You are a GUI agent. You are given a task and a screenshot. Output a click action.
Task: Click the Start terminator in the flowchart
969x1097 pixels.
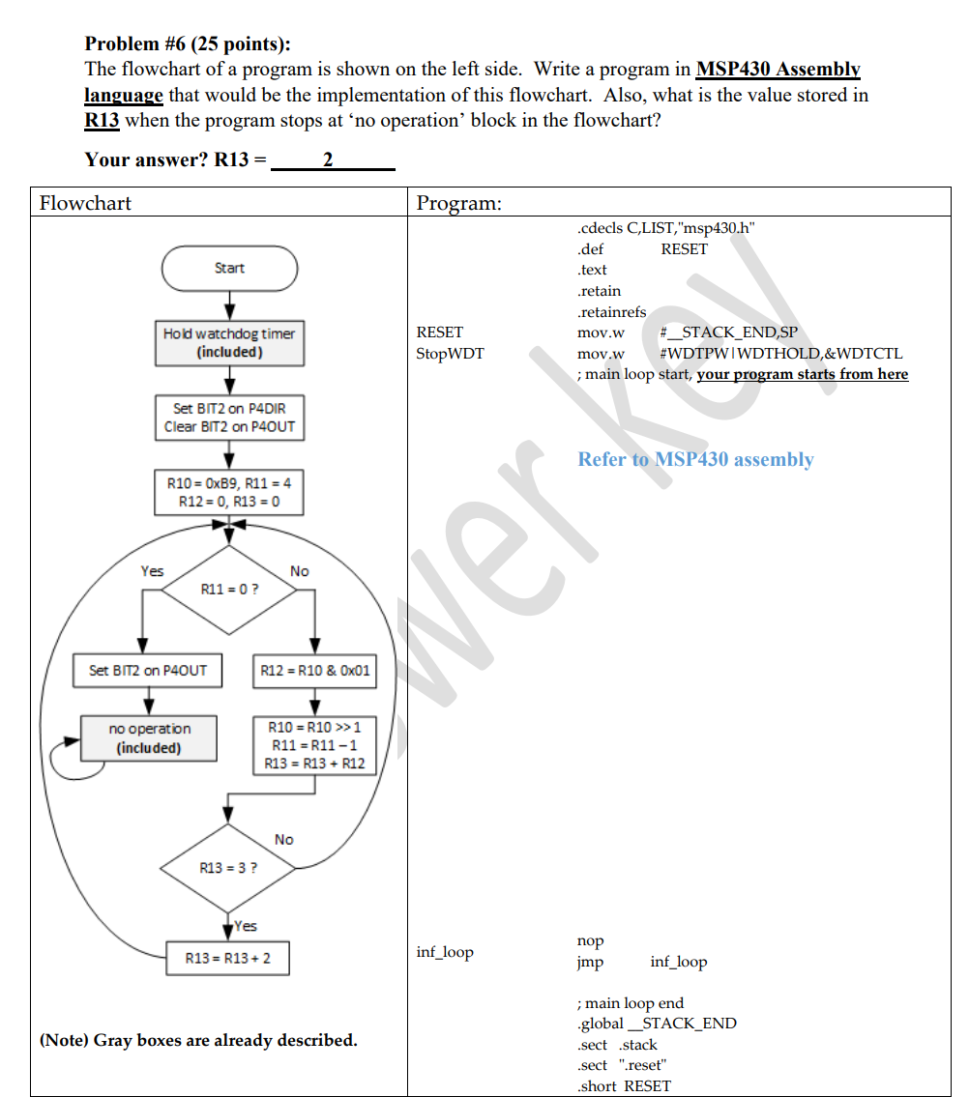(x=229, y=268)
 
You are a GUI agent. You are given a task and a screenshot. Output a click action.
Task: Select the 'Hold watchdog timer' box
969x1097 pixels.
(x=229, y=343)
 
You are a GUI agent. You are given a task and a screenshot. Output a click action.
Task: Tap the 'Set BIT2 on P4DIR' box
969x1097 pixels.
(x=229, y=418)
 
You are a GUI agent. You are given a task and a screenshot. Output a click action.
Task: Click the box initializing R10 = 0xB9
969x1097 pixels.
(x=229, y=491)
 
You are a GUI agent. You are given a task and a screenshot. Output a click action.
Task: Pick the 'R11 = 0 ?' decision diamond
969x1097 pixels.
(x=229, y=589)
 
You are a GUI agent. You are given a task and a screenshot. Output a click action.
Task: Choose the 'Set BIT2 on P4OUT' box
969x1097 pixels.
(x=148, y=670)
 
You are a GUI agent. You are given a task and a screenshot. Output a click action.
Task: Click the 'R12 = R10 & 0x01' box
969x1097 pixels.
(x=315, y=670)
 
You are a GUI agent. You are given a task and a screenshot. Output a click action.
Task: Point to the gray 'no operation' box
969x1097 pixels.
(x=148, y=737)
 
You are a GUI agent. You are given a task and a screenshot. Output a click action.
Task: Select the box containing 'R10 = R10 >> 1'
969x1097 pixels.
(x=315, y=744)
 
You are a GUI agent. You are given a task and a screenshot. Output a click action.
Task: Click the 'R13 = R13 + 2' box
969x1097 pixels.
(x=228, y=958)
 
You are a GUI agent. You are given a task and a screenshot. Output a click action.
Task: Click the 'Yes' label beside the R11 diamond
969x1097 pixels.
(x=152, y=571)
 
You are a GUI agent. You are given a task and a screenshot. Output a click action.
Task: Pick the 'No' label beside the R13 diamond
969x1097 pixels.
(x=283, y=839)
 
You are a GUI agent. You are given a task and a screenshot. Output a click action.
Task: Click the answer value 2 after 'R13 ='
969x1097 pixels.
(x=328, y=159)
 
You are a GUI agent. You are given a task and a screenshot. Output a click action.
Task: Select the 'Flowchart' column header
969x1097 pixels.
(x=85, y=203)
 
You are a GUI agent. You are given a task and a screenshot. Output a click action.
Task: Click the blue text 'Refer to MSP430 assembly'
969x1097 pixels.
(x=695, y=459)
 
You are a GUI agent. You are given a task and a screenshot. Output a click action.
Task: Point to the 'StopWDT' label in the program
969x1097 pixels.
(x=450, y=354)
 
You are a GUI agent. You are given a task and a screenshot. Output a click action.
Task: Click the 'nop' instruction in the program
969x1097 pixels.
(x=590, y=940)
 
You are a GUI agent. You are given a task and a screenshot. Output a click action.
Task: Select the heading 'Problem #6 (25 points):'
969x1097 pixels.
(x=188, y=43)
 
